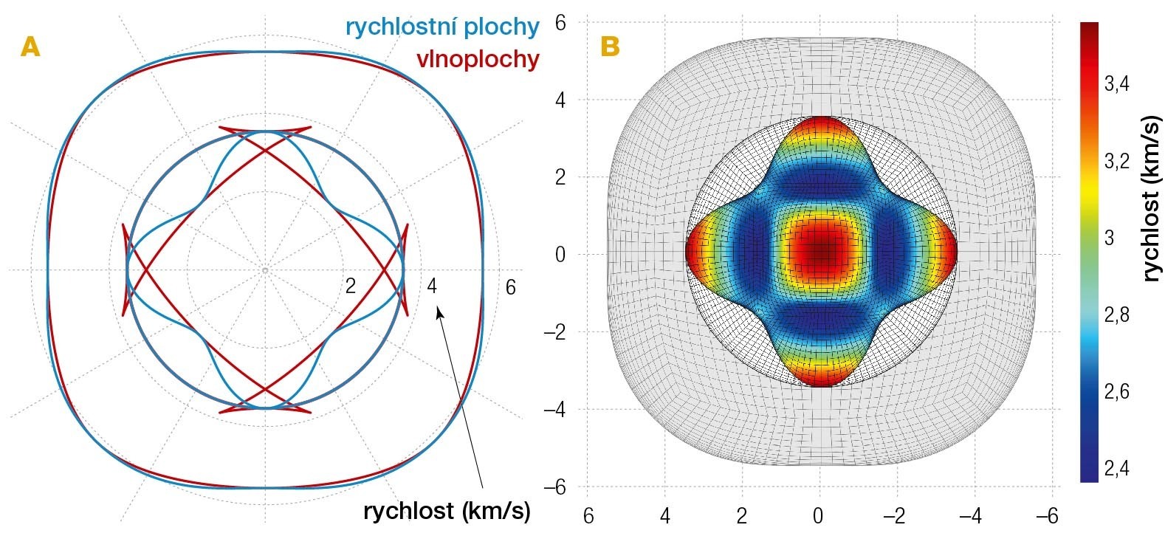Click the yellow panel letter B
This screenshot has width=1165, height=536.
tap(610, 47)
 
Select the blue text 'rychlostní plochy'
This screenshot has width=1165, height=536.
tap(442, 27)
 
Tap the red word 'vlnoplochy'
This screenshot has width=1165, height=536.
tap(478, 59)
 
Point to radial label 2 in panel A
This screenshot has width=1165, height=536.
tap(350, 286)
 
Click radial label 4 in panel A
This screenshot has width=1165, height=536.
tap(432, 286)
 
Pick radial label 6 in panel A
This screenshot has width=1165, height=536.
tap(510, 286)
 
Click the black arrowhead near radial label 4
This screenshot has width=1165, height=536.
tap(440, 313)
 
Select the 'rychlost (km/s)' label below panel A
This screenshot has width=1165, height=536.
tap(447, 511)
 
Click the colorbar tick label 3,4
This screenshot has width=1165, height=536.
tap(1117, 83)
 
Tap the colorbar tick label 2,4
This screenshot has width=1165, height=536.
tap(1117, 468)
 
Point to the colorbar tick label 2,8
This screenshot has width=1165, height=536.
tap(1117, 315)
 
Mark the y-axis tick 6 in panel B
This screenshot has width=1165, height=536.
tap(560, 23)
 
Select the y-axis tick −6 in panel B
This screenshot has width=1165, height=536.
tap(554, 487)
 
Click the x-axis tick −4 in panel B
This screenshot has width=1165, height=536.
tap(975, 515)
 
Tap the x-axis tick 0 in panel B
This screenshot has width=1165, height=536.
tap(818, 515)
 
